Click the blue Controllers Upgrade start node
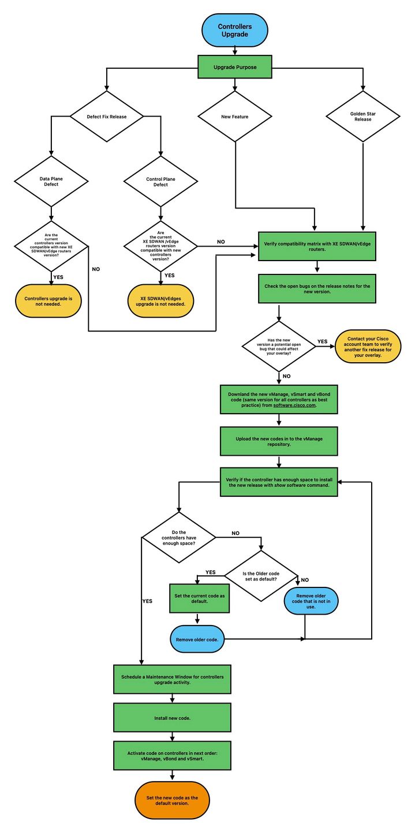click(235, 31)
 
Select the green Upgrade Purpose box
click(235, 67)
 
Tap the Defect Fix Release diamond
click(107, 116)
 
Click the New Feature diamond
click(235, 116)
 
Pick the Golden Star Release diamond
click(363, 116)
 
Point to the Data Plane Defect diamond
click(52, 181)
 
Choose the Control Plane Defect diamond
click(161, 181)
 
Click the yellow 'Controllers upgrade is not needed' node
click(48, 302)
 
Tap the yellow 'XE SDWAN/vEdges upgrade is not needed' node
click(160, 302)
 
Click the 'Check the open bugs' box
click(317, 288)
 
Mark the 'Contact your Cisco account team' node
click(368, 346)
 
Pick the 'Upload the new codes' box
click(278, 442)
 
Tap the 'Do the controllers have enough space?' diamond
click(180, 537)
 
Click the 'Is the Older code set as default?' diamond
click(261, 575)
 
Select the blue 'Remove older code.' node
click(197, 639)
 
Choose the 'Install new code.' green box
click(173, 717)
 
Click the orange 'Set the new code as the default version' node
click(172, 800)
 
